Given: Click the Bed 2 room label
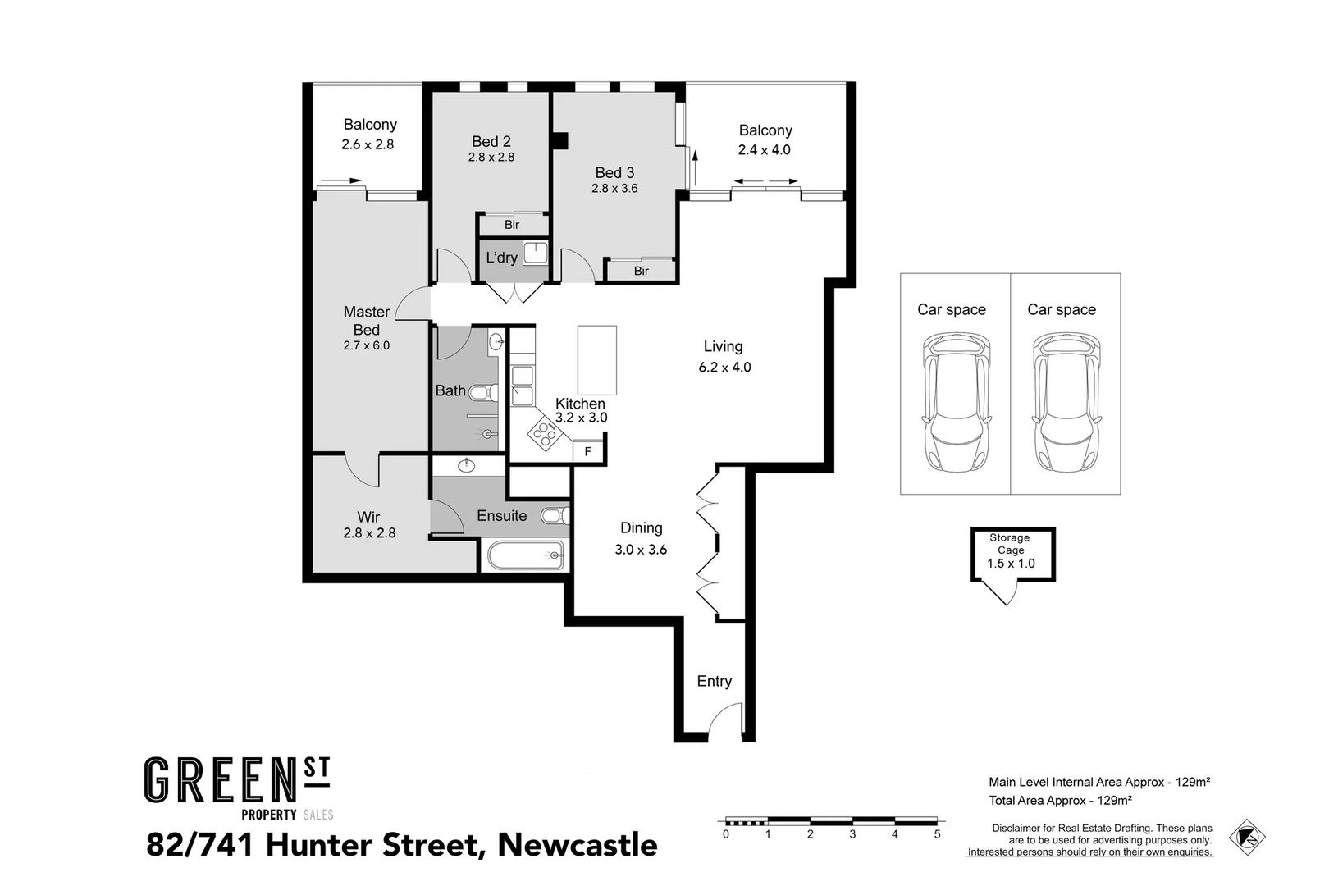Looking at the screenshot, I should pyautogui.click(x=491, y=141).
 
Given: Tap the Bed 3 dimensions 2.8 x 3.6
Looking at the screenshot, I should pyautogui.click(x=614, y=188).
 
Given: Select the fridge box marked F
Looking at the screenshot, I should pyautogui.click(x=587, y=451).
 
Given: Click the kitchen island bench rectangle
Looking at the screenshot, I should pyautogui.click(x=596, y=360).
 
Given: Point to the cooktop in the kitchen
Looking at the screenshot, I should pyautogui.click(x=541, y=432).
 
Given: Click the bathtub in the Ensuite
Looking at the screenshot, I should pyautogui.click(x=526, y=555).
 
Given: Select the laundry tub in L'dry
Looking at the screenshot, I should pyautogui.click(x=535, y=252).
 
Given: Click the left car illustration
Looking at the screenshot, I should pyautogui.click(x=956, y=402).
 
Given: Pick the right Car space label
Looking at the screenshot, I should pyautogui.click(x=1062, y=309).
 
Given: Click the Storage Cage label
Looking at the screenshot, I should pyautogui.click(x=1010, y=544).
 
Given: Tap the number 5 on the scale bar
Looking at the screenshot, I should pyautogui.click(x=937, y=834).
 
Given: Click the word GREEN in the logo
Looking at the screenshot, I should pyautogui.click(x=219, y=780).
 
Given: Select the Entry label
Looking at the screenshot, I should pyautogui.click(x=714, y=681).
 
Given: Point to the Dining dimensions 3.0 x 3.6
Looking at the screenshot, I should pyautogui.click(x=641, y=550).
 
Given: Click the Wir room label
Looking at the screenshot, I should pyautogui.click(x=368, y=517).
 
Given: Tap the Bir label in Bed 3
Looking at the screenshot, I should pyautogui.click(x=641, y=271).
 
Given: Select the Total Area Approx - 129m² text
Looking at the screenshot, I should pyautogui.click(x=1060, y=800).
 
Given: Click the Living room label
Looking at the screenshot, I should pyautogui.click(x=723, y=346).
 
